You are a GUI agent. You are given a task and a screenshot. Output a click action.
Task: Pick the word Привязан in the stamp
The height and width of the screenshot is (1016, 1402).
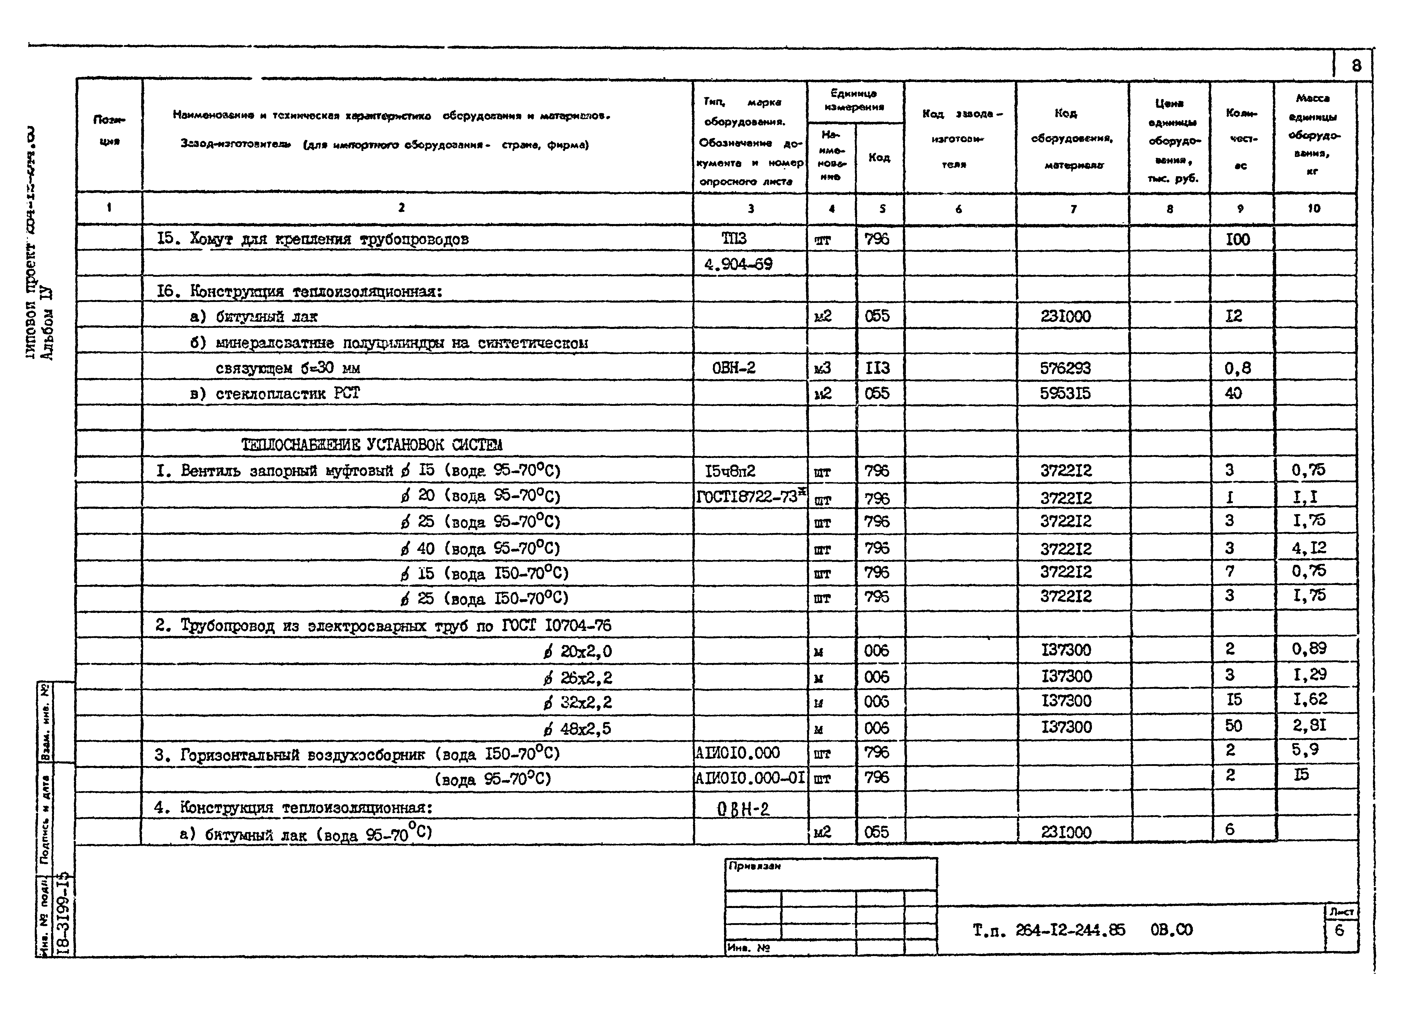coord(754,866)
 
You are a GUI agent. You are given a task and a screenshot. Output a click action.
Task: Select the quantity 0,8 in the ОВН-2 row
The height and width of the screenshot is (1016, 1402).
coord(1238,368)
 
